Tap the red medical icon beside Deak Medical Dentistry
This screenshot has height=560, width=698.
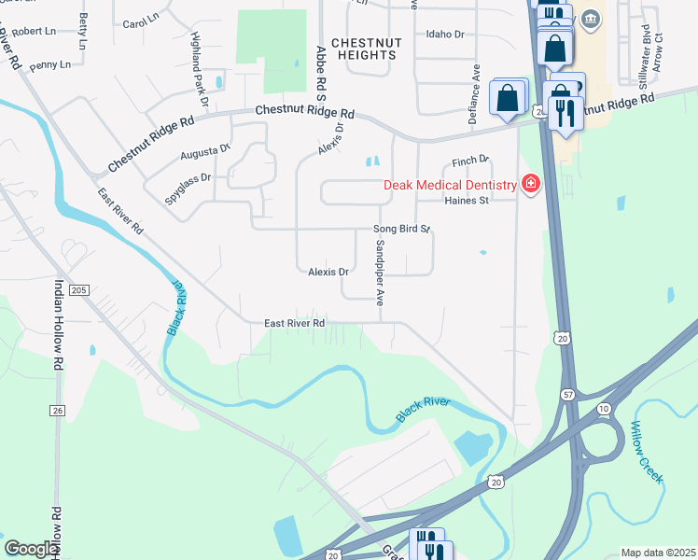tap(531, 184)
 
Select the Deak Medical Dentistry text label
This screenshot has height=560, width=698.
tap(450, 185)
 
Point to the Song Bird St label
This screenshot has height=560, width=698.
tap(401, 229)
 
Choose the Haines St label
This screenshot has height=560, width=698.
tap(467, 201)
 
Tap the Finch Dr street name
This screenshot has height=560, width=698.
tap(471, 161)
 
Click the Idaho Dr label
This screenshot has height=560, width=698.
tap(444, 34)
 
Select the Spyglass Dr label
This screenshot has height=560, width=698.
tap(188, 176)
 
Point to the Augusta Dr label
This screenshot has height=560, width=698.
tap(205, 149)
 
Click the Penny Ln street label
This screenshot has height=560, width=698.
tap(49, 65)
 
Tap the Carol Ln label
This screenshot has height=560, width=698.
tap(141, 19)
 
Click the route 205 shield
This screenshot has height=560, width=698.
tap(78, 290)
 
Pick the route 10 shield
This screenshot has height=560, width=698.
tap(604, 409)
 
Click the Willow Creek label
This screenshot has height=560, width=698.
tap(646, 451)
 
